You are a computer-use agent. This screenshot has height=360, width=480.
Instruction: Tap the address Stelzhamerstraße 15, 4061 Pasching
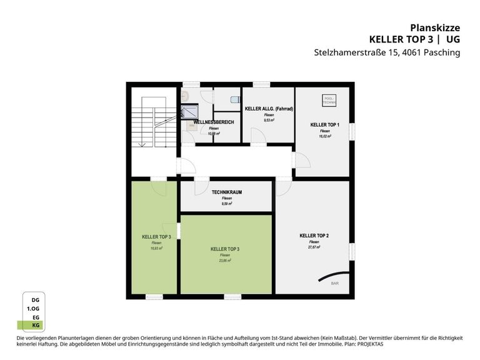click(387, 52)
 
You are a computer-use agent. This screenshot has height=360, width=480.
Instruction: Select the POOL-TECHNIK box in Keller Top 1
click(329, 100)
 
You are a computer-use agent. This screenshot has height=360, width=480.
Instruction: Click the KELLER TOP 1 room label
click(325, 125)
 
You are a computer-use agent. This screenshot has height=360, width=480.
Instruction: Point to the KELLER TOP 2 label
click(314, 236)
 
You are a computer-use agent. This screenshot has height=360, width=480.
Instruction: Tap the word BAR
click(335, 283)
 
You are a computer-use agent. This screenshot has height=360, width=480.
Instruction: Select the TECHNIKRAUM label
click(227, 192)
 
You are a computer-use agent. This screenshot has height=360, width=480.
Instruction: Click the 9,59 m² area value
click(227, 203)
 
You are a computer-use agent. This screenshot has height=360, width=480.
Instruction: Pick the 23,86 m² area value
click(225, 260)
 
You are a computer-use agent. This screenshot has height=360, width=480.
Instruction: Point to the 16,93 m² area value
click(156, 247)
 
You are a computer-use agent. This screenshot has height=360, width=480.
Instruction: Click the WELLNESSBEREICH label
click(214, 122)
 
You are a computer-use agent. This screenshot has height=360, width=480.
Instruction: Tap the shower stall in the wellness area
click(189, 111)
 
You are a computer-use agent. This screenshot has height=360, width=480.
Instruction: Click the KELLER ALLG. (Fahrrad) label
click(269, 109)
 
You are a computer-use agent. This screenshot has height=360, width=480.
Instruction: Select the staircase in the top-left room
click(149, 121)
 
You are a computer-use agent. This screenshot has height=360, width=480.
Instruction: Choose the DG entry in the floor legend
click(36, 300)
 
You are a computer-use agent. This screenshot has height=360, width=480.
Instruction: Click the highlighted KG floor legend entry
click(35, 325)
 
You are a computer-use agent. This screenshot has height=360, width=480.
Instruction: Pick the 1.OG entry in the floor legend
click(34, 309)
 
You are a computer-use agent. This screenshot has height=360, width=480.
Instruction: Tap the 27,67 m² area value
click(314, 247)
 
